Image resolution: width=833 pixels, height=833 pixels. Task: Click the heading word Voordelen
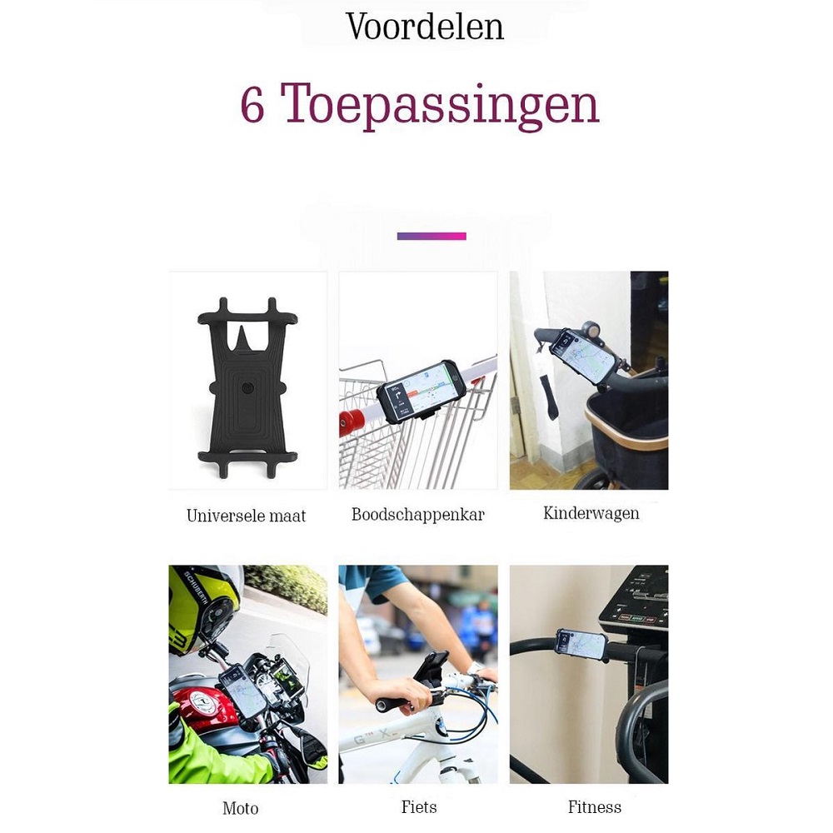click(x=425, y=27)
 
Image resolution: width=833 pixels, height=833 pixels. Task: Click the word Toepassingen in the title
click(x=440, y=106)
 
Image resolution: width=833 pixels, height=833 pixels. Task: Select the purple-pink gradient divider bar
click(x=431, y=236)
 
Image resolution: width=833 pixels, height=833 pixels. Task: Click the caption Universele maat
click(x=246, y=516)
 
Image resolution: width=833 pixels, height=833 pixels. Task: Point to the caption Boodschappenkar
click(x=418, y=514)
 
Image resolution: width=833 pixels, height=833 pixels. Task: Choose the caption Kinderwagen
click(x=591, y=513)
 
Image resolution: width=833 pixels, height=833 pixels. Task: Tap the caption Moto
click(x=240, y=808)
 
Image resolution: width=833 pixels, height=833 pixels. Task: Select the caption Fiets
click(x=419, y=807)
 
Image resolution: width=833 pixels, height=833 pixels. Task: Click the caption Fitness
click(x=595, y=807)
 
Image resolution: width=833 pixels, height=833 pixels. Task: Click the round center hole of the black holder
click(x=247, y=387)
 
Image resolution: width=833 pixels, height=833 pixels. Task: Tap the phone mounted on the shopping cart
click(x=421, y=392)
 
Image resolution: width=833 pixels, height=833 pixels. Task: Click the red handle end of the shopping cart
click(x=352, y=420)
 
